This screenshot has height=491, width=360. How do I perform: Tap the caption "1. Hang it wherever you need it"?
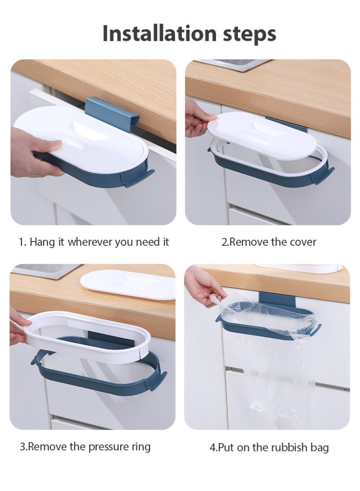[x=94, y=242]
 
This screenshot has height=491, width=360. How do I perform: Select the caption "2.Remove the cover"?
[x=268, y=242]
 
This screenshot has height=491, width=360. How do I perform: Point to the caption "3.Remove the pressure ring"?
[x=85, y=446]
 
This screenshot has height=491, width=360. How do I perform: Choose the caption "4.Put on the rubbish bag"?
[x=269, y=447]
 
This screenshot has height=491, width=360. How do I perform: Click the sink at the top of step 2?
[x=232, y=64]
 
